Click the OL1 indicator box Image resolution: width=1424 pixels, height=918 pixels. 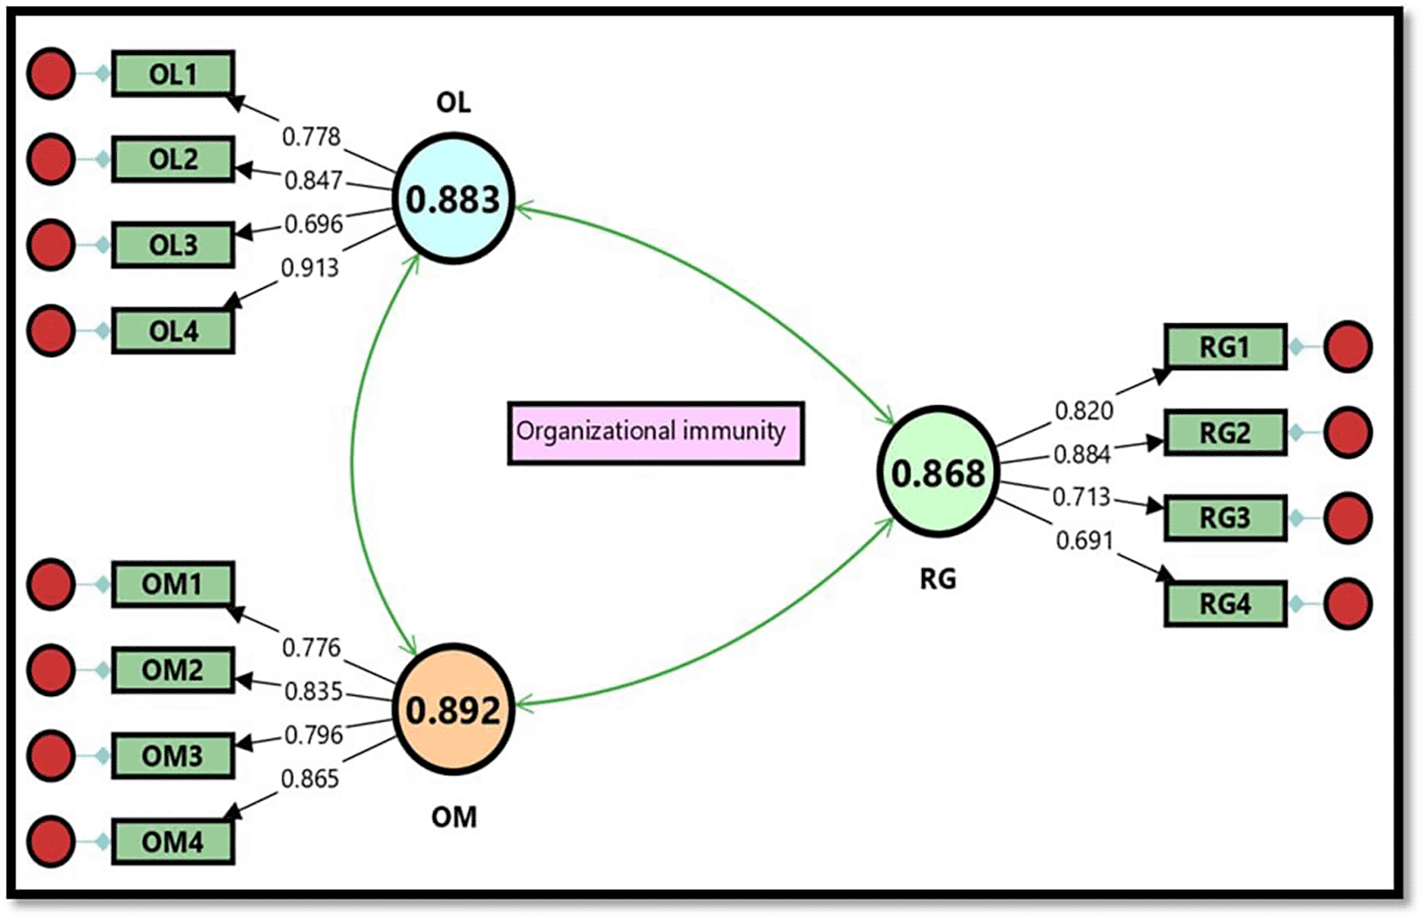(173, 74)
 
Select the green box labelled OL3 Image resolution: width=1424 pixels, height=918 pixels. (173, 245)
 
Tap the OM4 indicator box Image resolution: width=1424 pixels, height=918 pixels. (173, 841)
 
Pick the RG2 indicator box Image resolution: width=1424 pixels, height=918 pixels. (1225, 433)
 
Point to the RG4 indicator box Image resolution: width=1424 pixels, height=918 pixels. (1225, 604)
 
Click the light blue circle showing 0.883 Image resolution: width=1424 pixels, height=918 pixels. (454, 199)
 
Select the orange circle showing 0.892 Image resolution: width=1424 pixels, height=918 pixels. (454, 710)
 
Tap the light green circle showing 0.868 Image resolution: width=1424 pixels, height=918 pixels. (938, 472)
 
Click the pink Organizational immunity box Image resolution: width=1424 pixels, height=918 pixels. (655, 433)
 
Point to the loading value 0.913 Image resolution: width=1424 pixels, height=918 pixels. (310, 268)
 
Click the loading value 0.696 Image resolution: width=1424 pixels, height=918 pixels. (313, 224)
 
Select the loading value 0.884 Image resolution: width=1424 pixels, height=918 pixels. (1082, 453)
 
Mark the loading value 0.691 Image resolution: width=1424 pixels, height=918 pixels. (1085, 540)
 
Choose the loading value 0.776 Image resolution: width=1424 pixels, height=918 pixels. (312, 647)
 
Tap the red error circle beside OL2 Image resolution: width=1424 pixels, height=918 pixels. (51, 159)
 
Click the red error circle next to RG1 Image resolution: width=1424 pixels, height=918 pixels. (1347, 347)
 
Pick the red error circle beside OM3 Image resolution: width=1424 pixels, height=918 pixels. (51, 755)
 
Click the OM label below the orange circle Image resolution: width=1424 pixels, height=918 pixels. (454, 816)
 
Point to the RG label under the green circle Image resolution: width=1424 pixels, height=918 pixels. (938, 579)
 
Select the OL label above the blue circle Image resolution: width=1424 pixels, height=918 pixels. (454, 102)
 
